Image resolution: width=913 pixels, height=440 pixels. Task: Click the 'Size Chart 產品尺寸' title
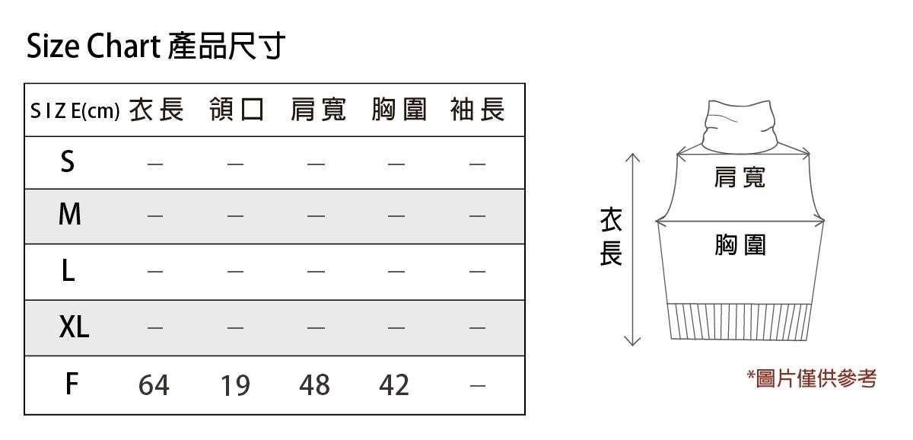[156, 46]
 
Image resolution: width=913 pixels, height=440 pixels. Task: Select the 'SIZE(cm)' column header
[75, 110]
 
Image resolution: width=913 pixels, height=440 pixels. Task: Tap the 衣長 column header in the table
[157, 110]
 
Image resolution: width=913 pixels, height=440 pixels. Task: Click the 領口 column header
[237, 110]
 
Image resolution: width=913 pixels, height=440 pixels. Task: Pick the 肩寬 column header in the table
[318, 110]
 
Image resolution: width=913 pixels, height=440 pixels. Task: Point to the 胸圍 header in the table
[399, 110]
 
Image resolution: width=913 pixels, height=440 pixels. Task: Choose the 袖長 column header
[478, 110]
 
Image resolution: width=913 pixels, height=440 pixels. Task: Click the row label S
[68, 161]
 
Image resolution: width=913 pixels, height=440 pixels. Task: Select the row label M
[70, 214]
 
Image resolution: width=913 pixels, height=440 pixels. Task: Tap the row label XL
[75, 327]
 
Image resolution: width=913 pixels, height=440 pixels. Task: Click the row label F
[72, 384]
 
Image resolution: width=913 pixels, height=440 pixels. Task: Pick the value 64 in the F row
[154, 385]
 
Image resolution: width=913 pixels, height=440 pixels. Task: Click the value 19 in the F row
[235, 385]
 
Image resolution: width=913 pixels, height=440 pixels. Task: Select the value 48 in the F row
[315, 385]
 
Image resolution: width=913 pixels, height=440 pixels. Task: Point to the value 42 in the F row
[394, 385]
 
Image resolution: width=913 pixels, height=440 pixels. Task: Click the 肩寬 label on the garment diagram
[740, 177]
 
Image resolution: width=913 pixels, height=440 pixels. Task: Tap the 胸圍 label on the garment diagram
[740, 244]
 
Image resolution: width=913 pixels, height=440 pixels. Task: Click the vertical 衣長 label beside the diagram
[611, 237]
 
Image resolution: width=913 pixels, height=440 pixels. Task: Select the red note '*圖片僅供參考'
[812, 378]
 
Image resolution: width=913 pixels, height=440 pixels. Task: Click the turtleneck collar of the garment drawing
[740, 126]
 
